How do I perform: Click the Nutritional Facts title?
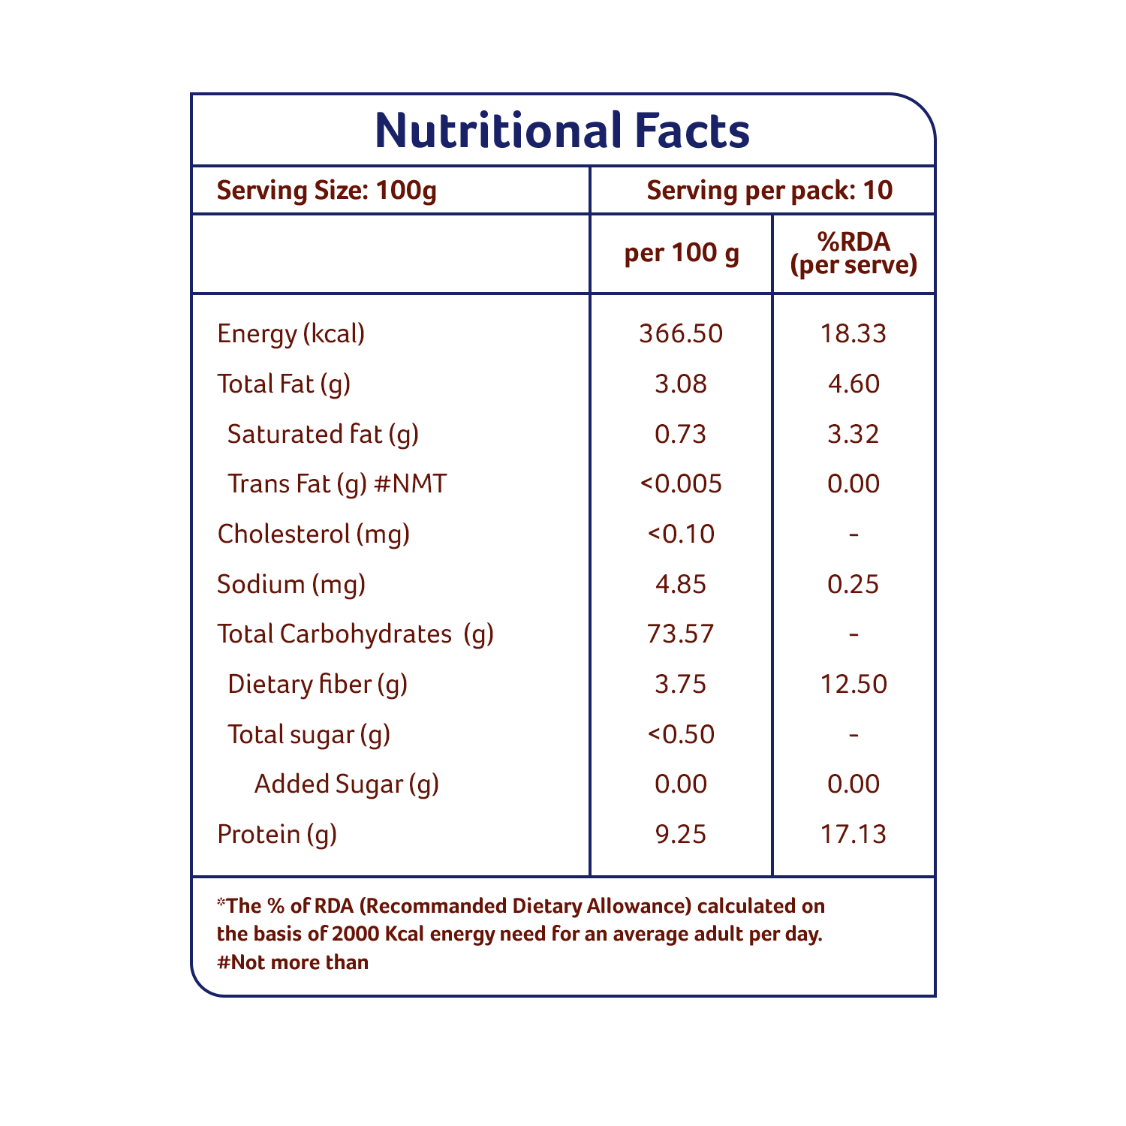[x=562, y=131]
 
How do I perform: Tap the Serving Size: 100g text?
[x=327, y=191]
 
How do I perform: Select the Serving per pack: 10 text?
[x=769, y=191]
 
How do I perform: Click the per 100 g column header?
[x=682, y=253]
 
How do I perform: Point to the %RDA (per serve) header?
[x=854, y=253]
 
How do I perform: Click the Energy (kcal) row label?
[x=291, y=333]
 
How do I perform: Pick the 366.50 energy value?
[x=681, y=333]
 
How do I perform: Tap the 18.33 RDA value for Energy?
[x=854, y=333]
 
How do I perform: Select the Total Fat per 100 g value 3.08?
[x=681, y=384]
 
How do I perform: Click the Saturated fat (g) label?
[x=323, y=434]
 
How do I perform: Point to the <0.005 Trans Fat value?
[x=681, y=483]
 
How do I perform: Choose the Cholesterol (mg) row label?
[x=314, y=534]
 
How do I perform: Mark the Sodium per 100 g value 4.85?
[x=681, y=584]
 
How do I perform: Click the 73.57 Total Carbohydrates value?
[x=681, y=634]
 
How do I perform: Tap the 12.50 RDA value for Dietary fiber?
[x=854, y=684]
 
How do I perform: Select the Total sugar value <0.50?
[x=681, y=734]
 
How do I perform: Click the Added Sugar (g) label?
[x=346, y=784]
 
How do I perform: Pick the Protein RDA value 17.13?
[x=854, y=834]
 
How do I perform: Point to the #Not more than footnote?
[x=293, y=962]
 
